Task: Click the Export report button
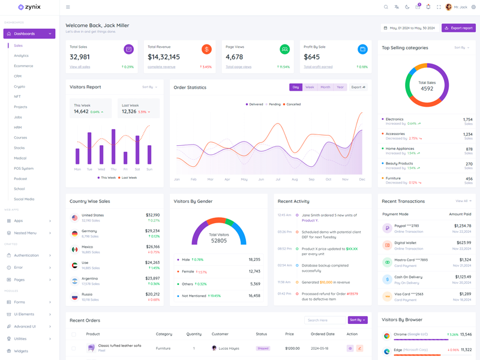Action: pos(458,28)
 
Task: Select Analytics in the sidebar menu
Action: pos(21,56)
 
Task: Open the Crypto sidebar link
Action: pos(20,86)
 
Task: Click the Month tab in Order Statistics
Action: pos(325,87)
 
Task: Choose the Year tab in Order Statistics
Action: pos(340,87)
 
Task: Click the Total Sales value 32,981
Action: pos(80,57)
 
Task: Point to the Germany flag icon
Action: pos(74,233)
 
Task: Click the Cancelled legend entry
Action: pos(292,104)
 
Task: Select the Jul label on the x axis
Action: pos(278,179)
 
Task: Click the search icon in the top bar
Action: pos(386,7)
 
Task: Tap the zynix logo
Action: pos(29,7)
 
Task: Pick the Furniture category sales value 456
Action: pos(469,178)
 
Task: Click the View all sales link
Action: pos(80,67)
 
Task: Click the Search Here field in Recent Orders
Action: pos(325,320)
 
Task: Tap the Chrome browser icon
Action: pos(387,335)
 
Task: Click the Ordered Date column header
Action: pos(322,334)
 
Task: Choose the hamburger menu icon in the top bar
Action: pos(68,7)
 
